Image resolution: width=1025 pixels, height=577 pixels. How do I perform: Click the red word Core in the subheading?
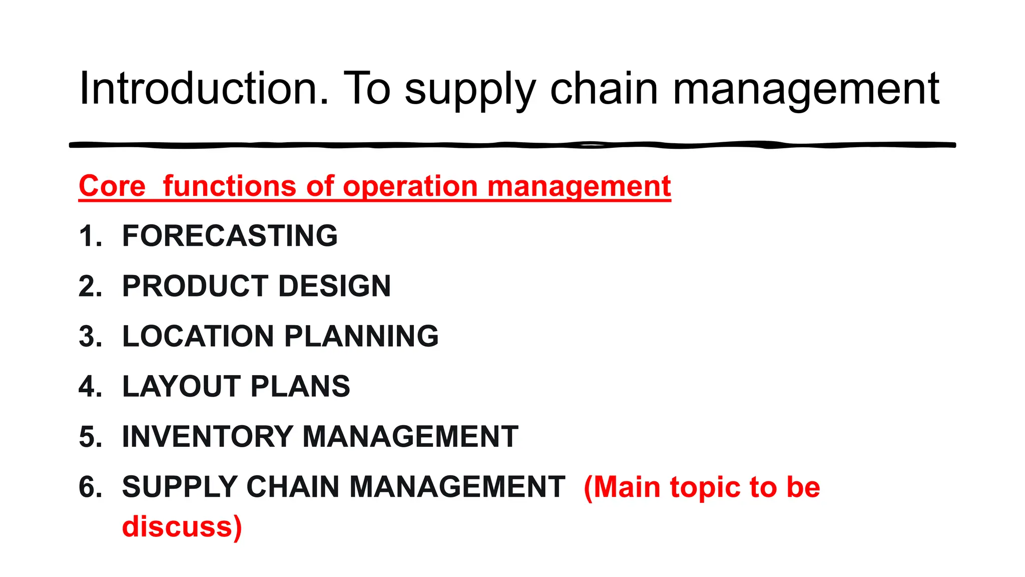click(x=112, y=186)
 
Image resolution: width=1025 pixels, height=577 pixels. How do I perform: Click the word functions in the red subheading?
click(x=230, y=186)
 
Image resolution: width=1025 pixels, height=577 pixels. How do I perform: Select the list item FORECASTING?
click(x=230, y=236)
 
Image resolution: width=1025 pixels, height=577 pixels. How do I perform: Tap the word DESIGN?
click(x=334, y=286)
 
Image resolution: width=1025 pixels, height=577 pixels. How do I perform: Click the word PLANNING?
click(x=361, y=336)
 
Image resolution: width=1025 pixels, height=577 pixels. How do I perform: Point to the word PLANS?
click(x=300, y=386)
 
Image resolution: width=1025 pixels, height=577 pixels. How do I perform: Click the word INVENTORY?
click(x=207, y=436)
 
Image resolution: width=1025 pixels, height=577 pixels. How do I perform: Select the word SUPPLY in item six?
click(x=180, y=486)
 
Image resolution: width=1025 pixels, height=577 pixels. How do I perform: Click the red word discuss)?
click(x=182, y=527)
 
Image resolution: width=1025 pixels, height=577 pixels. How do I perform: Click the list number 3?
click(x=90, y=336)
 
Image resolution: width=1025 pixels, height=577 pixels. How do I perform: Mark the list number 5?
click(x=90, y=436)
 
